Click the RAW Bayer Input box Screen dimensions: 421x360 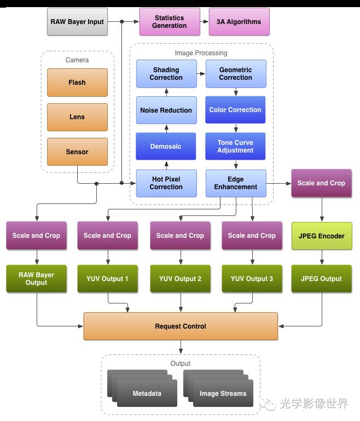(77, 22)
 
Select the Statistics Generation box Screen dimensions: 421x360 (169, 22)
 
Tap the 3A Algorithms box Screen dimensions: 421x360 (239, 22)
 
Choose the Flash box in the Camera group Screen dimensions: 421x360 (77, 83)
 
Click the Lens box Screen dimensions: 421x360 (77, 117)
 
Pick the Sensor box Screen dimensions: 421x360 (77, 151)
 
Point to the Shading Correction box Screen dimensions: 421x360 (166, 74)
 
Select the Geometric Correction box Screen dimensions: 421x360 (235, 74)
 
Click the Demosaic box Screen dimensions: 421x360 (166, 147)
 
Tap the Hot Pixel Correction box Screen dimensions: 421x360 (166, 183)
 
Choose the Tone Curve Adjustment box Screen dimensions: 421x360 (235, 147)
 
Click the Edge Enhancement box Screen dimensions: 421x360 (235, 183)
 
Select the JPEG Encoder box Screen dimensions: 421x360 (321, 236)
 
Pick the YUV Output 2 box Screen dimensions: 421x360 (180, 279)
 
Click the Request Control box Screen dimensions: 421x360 (181, 326)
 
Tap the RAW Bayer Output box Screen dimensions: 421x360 (36, 279)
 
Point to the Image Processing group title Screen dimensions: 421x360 (201, 53)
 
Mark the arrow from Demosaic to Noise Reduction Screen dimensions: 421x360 (166, 128)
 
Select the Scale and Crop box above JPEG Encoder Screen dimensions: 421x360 (321, 183)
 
